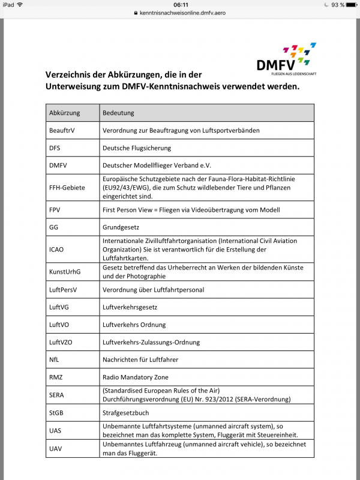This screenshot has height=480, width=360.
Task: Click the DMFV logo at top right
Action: [x=286, y=59]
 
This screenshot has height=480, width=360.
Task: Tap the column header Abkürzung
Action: [x=65, y=113]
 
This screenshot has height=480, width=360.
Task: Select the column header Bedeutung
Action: [x=119, y=113]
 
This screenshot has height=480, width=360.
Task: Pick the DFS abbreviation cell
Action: [x=56, y=148]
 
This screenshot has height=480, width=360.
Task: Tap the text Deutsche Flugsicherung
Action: [x=137, y=148]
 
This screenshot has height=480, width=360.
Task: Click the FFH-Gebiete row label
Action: [x=67, y=187]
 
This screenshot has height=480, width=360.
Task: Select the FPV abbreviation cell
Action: [x=56, y=210]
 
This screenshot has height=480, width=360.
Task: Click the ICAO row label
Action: [x=58, y=250]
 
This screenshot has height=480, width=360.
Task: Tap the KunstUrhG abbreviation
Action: [x=65, y=272]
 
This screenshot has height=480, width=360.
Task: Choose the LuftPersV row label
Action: [x=63, y=290]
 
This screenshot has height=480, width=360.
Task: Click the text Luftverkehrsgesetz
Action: [x=130, y=307]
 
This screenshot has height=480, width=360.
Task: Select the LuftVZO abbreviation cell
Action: [x=62, y=342]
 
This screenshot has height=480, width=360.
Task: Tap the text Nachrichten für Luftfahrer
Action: [x=140, y=359]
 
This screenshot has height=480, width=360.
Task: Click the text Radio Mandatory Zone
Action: [x=136, y=377]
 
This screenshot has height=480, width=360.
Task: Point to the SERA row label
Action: [x=57, y=395]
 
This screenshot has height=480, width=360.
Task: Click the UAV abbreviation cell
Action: [x=56, y=448]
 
